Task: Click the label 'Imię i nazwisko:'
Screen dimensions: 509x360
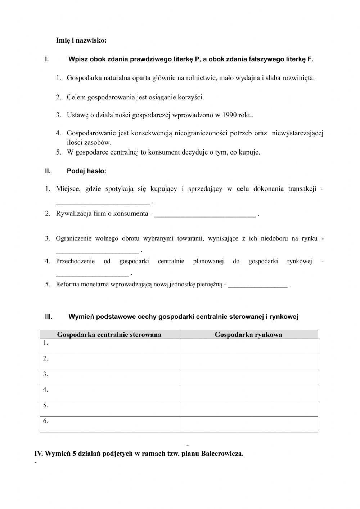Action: click(81, 40)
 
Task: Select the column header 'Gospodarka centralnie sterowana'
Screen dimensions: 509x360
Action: click(109, 335)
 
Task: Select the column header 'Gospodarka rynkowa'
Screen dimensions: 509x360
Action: click(248, 335)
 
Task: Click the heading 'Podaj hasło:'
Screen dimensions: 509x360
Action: click(86, 171)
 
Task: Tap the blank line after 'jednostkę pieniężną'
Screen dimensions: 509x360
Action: click(258, 286)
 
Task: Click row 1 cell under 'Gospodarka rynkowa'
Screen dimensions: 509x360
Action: click(248, 347)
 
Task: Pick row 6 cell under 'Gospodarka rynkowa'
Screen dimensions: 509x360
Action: click(248, 424)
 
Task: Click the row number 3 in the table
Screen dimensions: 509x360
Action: click(45, 374)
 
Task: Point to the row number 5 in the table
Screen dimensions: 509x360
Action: click(45, 405)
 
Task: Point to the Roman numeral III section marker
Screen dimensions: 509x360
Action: click(49, 317)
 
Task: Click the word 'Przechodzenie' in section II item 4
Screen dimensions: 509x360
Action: click(75, 261)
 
